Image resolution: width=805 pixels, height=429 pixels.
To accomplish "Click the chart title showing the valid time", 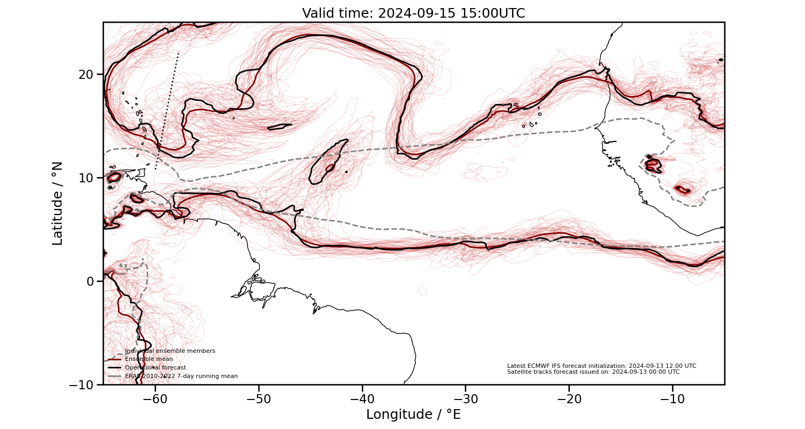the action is pos(413,13).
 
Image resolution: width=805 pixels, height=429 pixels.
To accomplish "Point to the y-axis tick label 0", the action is pos(91,281).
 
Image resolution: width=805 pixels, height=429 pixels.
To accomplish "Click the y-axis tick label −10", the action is pos(83,384).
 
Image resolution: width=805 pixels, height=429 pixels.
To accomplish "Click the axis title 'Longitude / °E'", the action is pos(413,415).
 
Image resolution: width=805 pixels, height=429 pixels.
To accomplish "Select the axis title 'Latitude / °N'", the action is pos(57,203).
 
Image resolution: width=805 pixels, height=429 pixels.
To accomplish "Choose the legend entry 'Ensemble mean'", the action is pos(149,359).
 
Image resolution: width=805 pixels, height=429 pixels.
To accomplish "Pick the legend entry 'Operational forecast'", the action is pos(155,368).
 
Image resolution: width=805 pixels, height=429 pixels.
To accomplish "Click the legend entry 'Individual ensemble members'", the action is pos(170,351).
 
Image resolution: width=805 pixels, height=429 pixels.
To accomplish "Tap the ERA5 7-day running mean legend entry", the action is pos(181,376).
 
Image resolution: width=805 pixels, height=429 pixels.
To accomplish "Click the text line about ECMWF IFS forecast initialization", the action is pos(601,366).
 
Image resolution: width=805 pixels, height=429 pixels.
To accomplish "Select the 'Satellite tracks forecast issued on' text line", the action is pos(593,372).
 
